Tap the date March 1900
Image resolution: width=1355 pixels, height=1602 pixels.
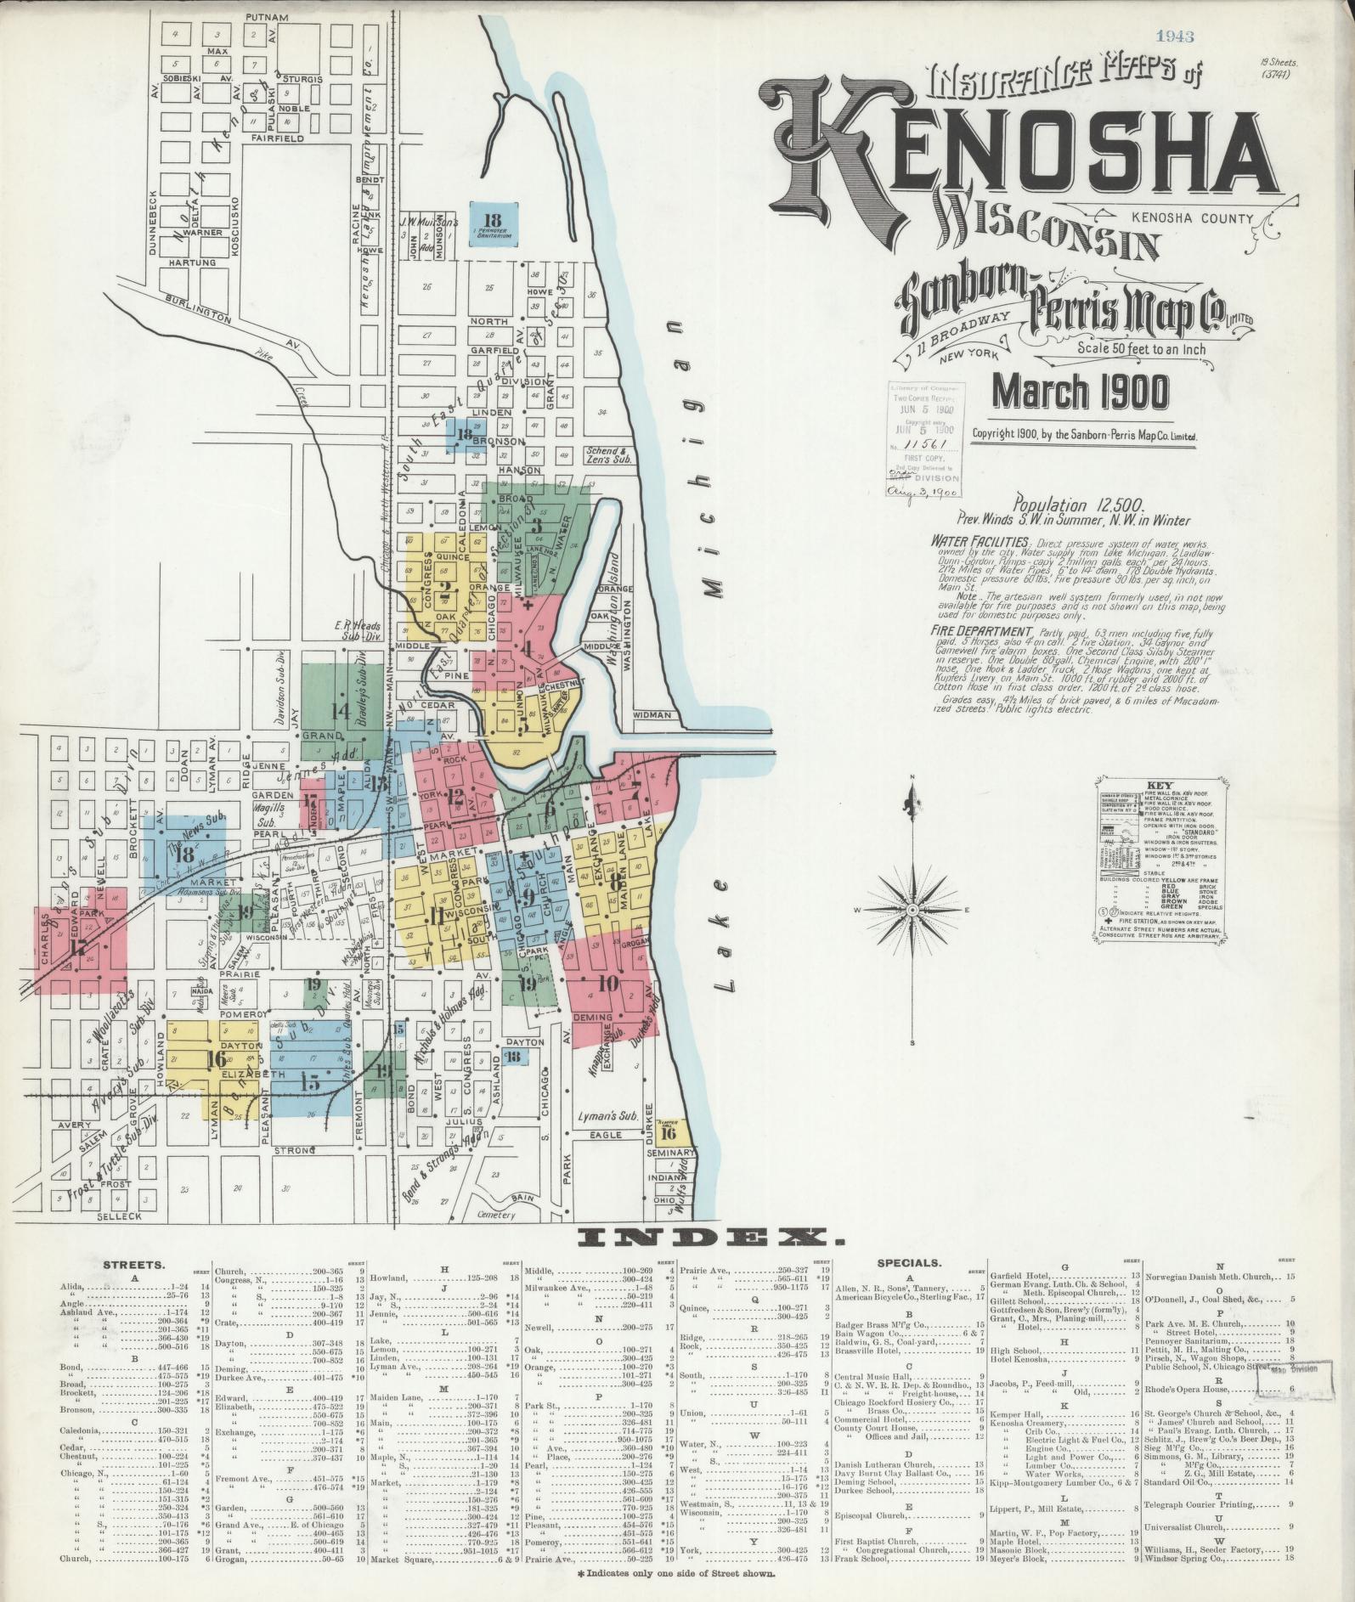click(1081, 391)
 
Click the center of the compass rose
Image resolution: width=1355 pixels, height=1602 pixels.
click(912, 910)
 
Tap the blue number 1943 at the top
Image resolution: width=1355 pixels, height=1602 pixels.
click(1175, 36)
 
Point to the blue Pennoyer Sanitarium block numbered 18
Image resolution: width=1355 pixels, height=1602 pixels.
click(494, 223)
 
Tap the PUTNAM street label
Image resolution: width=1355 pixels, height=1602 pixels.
click(266, 18)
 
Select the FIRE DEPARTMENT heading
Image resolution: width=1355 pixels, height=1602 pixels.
click(981, 633)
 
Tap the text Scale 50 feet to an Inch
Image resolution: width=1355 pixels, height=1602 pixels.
click(1141, 347)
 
